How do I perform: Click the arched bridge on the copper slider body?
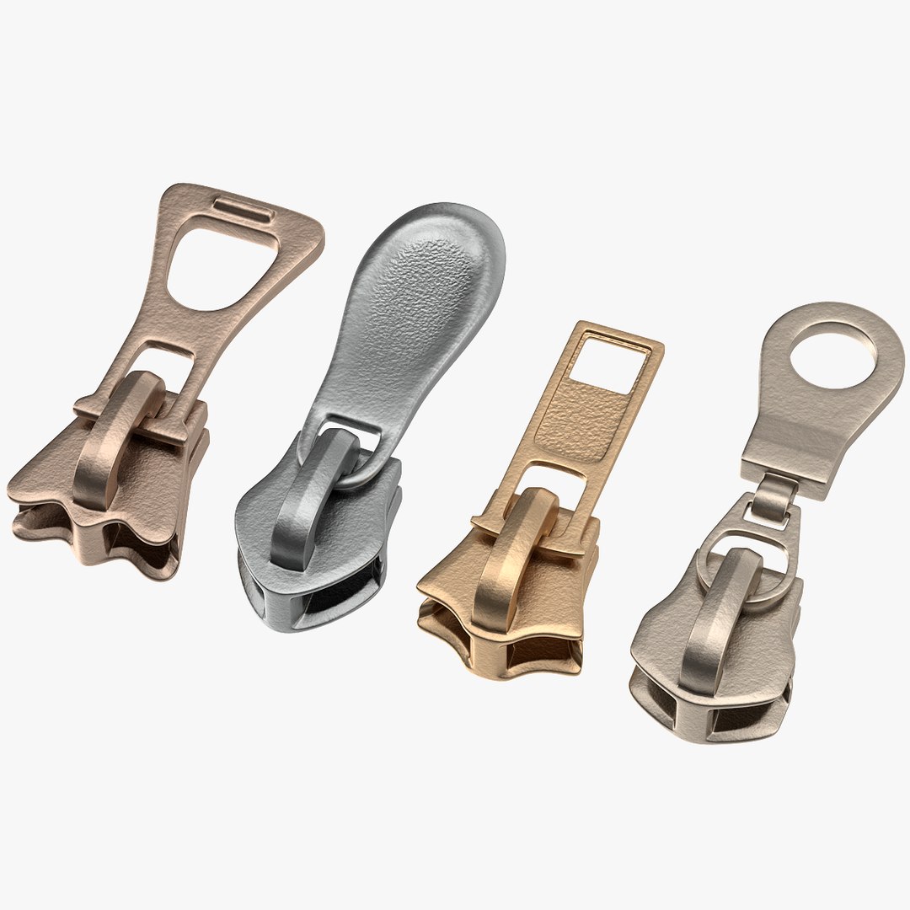pyautogui.click(x=118, y=438)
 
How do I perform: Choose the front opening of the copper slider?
pyautogui.click(x=135, y=548)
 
